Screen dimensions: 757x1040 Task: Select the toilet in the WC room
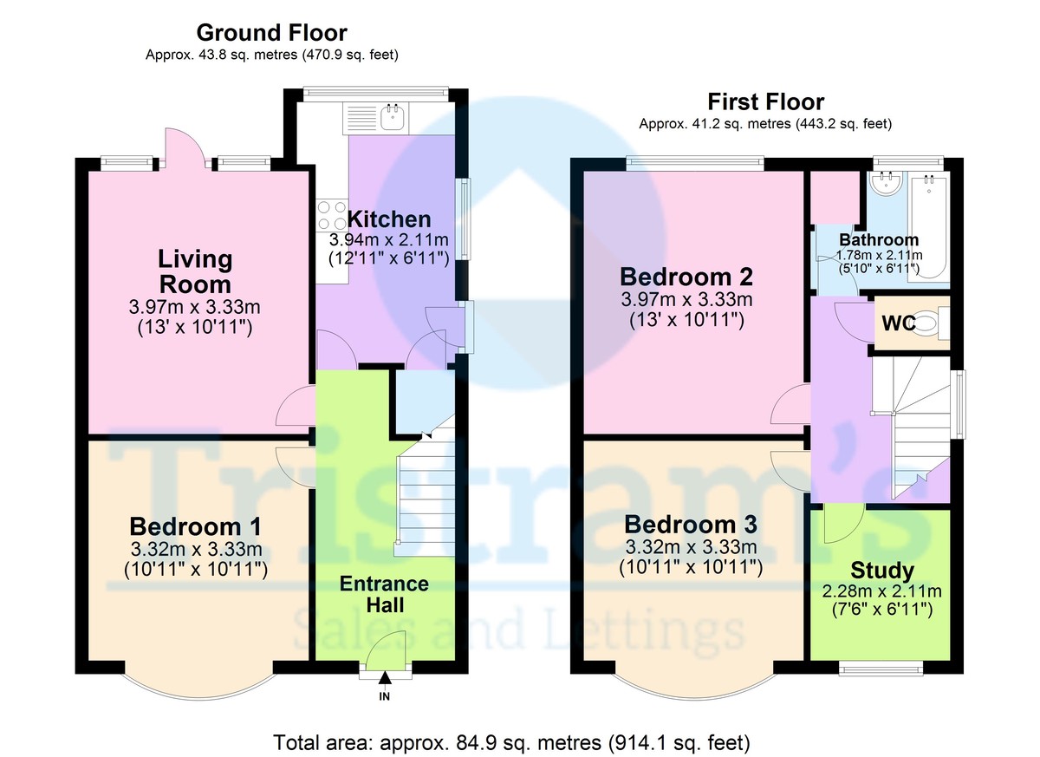coord(926,324)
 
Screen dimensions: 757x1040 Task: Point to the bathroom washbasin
coord(886,183)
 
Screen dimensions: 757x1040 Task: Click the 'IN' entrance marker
coord(384,696)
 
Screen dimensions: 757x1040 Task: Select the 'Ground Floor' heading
coord(271,33)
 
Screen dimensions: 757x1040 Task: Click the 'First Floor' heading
coord(765,102)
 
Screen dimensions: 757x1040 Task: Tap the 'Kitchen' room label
coord(387,219)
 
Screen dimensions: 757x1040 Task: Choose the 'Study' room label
coord(881,571)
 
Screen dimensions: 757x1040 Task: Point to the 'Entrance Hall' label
coord(384,594)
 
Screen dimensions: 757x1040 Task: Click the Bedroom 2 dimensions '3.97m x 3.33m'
coord(686,300)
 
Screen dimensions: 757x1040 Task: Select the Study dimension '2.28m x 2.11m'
coord(881,592)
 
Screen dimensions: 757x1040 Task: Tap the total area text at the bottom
coord(511,742)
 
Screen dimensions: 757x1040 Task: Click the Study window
coord(881,667)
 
